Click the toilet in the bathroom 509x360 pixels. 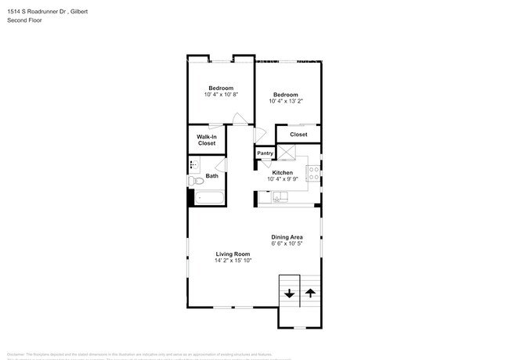click(x=195, y=182)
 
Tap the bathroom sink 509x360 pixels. click(x=195, y=164)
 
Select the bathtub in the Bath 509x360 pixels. click(x=209, y=196)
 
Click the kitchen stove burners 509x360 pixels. click(x=312, y=173)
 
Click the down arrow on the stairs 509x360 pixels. click(x=289, y=294)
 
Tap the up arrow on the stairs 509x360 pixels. click(x=310, y=294)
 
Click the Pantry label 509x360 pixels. click(x=265, y=153)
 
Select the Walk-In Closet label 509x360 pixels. click(x=207, y=140)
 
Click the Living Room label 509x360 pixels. click(x=233, y=254)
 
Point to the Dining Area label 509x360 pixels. click(x=287, y=237)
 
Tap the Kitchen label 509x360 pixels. click(x=282, y=172)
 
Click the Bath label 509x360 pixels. click(x=211, y=176)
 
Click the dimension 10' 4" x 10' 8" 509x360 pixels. click(x=221, y=94)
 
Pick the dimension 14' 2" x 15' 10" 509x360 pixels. click(x=233, y=261)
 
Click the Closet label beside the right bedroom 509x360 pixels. click(x=298, y=135)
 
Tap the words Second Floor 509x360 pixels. click(x=25, y=20)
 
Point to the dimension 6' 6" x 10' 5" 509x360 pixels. click(x=287, y=244)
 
